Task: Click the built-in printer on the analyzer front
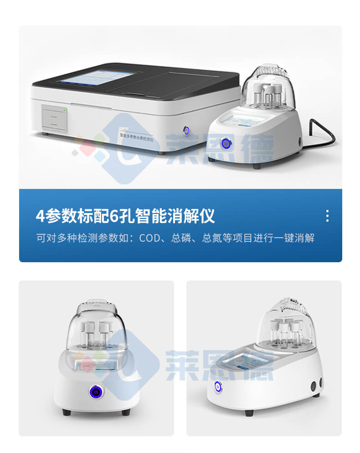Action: click(54, 117)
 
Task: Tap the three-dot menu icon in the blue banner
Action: click(327, 216)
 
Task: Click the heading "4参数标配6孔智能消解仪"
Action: click(125, 216)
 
